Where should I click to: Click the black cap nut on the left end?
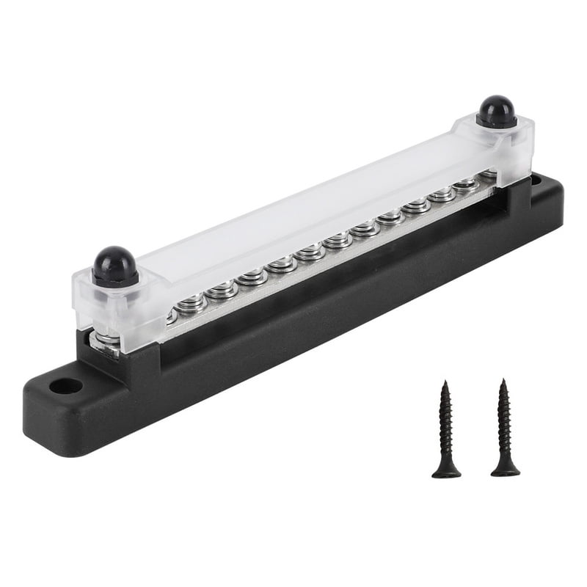115,265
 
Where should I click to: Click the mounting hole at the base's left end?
66,385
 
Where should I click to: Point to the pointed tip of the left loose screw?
444,382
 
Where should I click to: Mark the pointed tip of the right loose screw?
503,381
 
